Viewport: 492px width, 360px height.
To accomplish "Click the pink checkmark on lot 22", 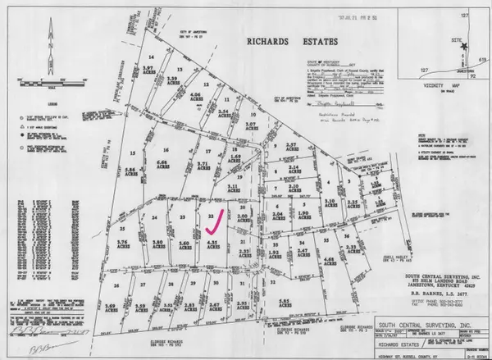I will (x=214, y=219).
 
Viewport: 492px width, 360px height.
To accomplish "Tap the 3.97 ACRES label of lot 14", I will (x=149, y=71).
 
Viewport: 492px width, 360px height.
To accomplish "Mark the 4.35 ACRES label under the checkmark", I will (x=212, y=244).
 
